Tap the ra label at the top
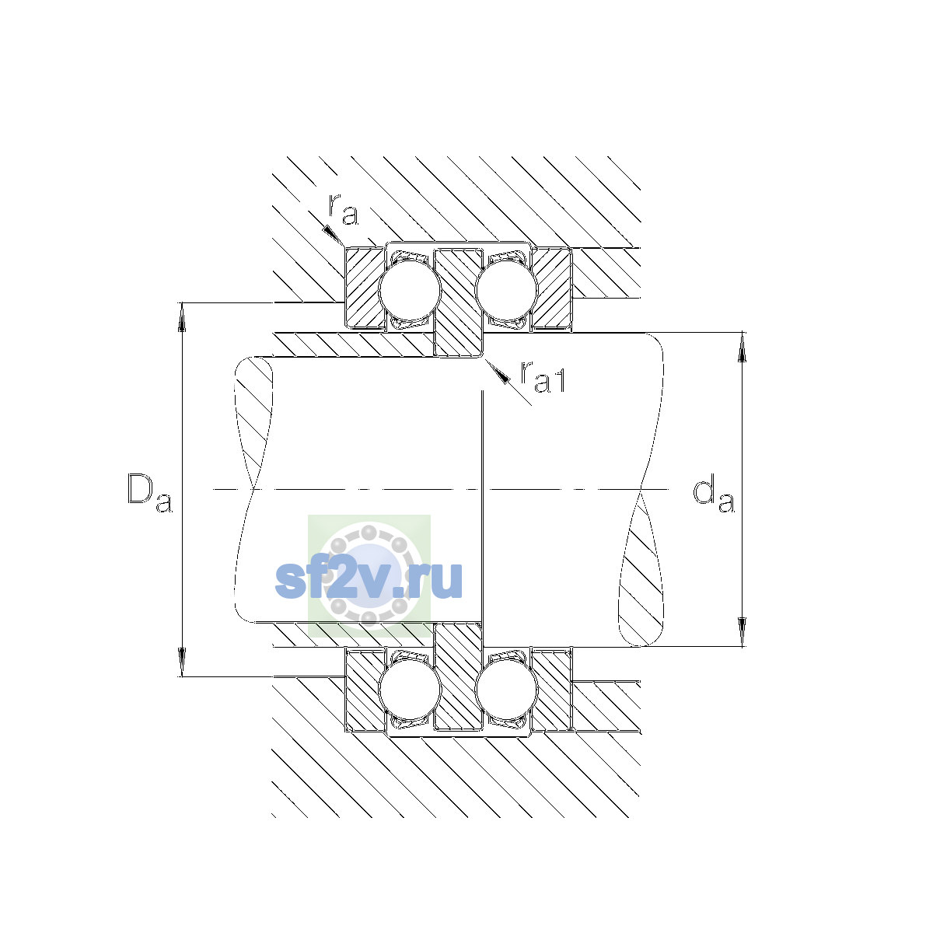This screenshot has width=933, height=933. pyautogui.click(x=344, y=210)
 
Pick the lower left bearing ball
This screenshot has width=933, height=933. pyautogui.click(x=410, y=690)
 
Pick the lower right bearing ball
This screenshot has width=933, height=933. pyautogui.click(x=506, y=690)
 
